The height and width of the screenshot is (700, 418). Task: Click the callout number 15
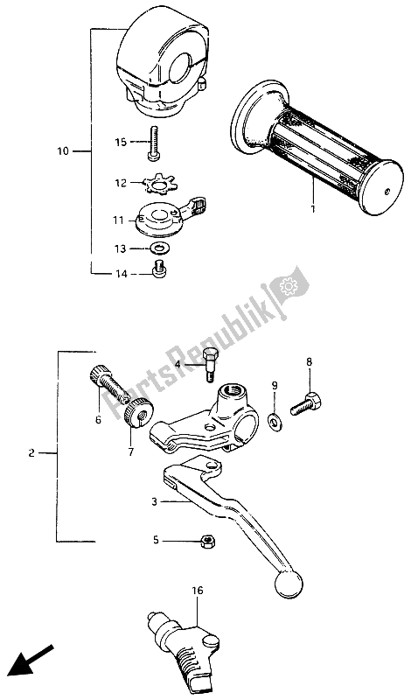pyautogui.click(x=121, y=142)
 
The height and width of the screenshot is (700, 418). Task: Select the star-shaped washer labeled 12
pyautogui.click(x=157, y=184)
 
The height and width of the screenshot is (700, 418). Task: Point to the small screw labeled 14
pyautogui.click(x=158, y=269)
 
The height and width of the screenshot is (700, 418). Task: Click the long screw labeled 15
pyautogui.click(x=153, y=143)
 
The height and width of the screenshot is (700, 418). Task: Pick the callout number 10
pyautogui.click(x=63, y=151)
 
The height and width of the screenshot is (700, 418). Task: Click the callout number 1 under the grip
pyautogui.click(x=313, y=208)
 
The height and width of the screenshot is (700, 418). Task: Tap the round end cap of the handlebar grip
pyautogui.click(x=383, y=188)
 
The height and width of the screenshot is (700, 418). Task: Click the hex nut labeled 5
pyautogui.click(x=207, y=542)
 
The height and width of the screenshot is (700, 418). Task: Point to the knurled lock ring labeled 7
pyautogui.click(x=138, y=410)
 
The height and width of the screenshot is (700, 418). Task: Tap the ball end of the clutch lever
pyautogui.click(x=289, y=584)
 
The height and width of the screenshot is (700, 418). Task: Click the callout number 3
pyautogui.click(x=155, y=502)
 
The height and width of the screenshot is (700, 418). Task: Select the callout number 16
pyautogui.click(x=198, y=591)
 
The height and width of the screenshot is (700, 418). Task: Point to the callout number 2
pyautogui.click(x=31, y=453)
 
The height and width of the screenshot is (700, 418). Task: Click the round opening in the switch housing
pyautogui.click(x=185, y=67)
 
